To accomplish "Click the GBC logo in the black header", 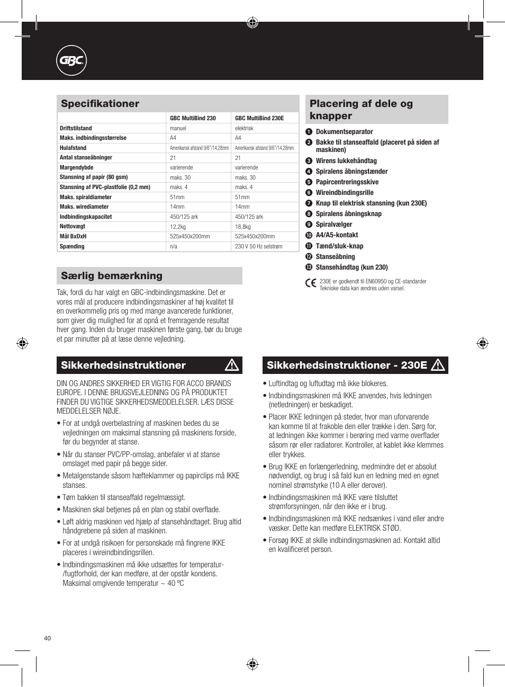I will point(71,61).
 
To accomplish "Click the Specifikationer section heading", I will point(100,104).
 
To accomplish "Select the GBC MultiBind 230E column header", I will point(259,118).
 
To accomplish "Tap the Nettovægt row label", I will point(73,226).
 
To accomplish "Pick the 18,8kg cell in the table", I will point(243,227).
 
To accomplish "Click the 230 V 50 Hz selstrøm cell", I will point(259,246).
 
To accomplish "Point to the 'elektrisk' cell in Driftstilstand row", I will point(244,128).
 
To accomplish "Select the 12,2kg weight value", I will point(177,227).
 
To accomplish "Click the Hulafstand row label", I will point(73,148).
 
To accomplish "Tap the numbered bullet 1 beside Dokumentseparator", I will point(309,132).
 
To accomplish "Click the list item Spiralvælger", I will point(333,225).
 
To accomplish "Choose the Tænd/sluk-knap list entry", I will point(339,246).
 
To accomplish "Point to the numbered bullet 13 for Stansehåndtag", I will point(309,267).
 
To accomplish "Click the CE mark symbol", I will point(311,283).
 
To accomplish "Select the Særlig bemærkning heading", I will point(112,276).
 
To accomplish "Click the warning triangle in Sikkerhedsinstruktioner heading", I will point(232,365).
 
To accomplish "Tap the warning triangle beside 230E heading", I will point(438,365).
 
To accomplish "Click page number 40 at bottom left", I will point(48,638).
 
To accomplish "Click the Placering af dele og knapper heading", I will point(361,110).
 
